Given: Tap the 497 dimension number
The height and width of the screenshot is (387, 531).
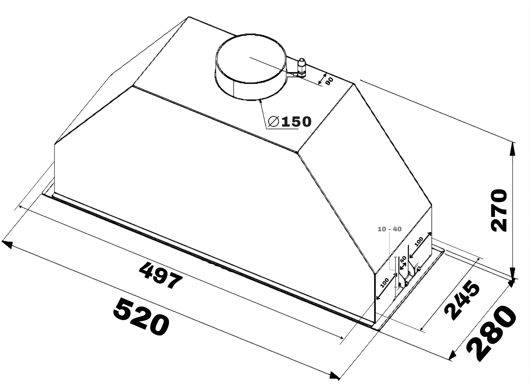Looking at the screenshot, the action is [x=161, y=276].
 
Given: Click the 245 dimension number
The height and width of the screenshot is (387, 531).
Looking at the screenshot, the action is [x=462, y=300].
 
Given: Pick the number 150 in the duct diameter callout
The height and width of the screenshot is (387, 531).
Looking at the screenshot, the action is [x=296, y=122].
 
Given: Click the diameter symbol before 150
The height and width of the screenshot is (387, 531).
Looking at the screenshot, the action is [x=274, y=122].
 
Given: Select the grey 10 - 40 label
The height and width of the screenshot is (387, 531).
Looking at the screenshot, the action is [x=390, y=229].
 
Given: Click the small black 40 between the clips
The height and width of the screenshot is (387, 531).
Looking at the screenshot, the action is [x=403, y=259].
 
